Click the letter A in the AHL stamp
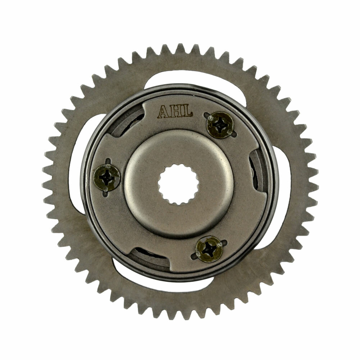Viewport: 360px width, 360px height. [163, 111]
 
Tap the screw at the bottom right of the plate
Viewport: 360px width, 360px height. [209, 249]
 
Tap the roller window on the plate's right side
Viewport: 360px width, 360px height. [260, 173]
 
